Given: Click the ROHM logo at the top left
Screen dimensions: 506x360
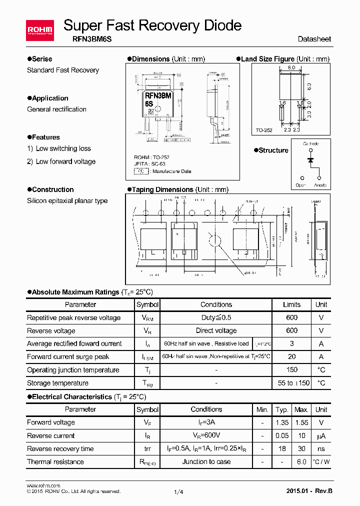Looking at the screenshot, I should (39, 31).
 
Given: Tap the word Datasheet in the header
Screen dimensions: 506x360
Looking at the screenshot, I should (314, 39).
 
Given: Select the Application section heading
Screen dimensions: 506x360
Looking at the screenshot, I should (50, 98).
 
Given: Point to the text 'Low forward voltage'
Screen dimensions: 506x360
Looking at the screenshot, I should (65, 161).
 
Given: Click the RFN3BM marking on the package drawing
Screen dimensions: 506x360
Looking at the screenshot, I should (158, 95).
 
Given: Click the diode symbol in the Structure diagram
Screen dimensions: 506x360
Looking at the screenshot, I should (310, 160).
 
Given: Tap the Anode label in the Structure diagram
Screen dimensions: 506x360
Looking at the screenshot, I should (320, 185).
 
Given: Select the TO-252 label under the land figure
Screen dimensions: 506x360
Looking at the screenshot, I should (263, 130).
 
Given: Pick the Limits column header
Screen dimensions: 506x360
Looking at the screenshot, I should (291, 304).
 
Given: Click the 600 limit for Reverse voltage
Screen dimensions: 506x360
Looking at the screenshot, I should (291, 330).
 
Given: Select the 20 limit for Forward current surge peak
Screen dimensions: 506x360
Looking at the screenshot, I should (291, 356).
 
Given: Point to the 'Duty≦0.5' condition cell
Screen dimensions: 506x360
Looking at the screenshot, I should (216, 317).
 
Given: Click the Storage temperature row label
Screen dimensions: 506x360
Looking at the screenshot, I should (57, 383).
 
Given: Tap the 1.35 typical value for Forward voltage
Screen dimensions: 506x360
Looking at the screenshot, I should (282, 422).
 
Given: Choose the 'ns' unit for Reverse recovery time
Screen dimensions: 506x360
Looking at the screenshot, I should (321, 448).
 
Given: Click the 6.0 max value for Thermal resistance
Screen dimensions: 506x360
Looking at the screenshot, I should (301, 461).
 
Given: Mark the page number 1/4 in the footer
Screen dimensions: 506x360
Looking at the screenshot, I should (178, 492).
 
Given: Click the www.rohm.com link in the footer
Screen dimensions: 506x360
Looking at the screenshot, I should (43, 485).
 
